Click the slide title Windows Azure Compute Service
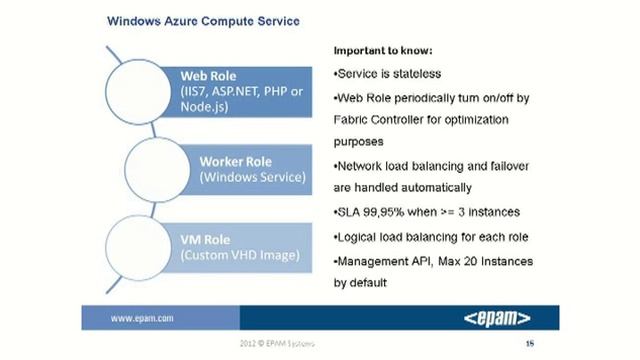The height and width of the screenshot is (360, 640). [202, 20]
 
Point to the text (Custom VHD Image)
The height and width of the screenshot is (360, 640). [239, 256]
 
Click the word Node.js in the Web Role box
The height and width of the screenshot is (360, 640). [206, 109]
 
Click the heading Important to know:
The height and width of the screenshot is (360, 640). [385, 50]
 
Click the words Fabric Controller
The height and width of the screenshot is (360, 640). [377, 120]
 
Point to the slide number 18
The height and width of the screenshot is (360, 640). [529, 344]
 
